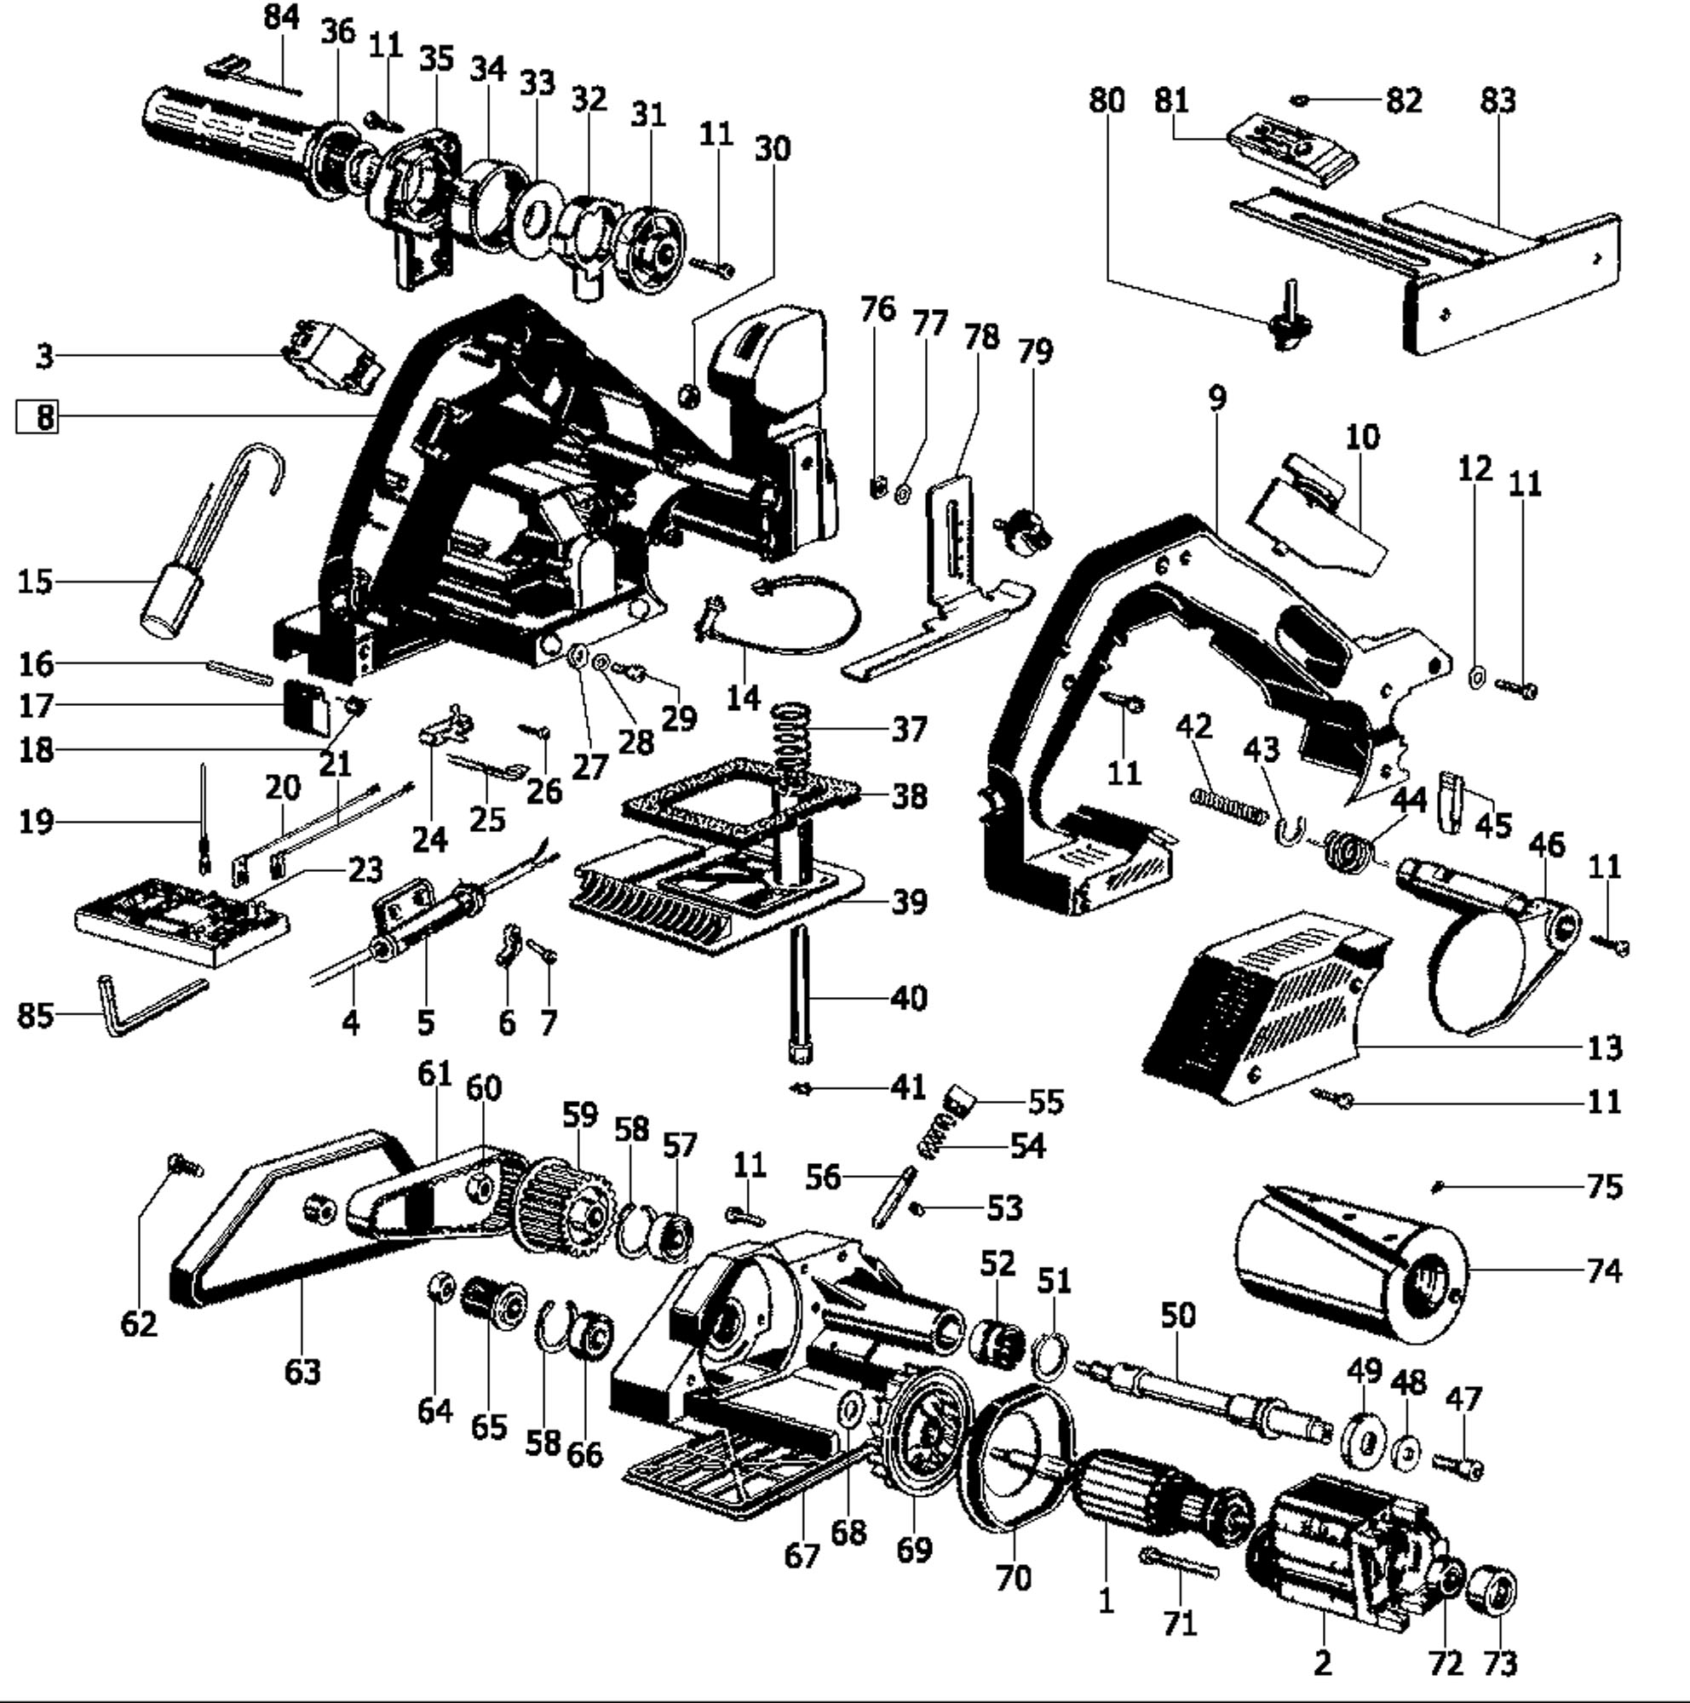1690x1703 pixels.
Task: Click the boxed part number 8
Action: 37,417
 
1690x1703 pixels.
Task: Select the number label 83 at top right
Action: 1497,100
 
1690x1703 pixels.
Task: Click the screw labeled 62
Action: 185,1166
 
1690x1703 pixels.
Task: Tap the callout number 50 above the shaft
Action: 1178,1316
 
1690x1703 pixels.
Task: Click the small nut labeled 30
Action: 689,396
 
